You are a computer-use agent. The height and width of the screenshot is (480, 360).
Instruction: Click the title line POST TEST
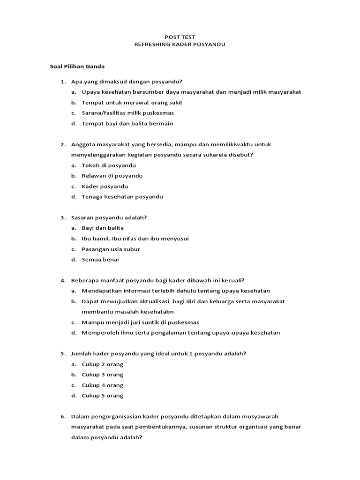coord(180,37)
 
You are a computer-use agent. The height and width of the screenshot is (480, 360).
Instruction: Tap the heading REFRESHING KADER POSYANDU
coord(180,45)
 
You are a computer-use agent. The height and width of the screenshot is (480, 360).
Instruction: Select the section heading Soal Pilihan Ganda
coord(77,67)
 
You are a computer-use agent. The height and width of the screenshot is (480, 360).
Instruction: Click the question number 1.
coord(62,82)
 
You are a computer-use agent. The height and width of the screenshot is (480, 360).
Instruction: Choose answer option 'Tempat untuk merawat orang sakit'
coord(132,103)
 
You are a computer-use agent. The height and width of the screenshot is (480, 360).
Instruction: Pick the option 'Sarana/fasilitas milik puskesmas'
coord(127,113)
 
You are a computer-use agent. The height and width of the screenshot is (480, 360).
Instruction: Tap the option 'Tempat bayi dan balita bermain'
coord(127,124)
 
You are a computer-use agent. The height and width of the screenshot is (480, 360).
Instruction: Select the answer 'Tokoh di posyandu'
coord(109,165)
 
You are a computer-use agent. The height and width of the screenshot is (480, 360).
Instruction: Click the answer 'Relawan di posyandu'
coord(112,176)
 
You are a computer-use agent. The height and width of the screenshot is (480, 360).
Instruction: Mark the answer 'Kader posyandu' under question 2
coord(105,187)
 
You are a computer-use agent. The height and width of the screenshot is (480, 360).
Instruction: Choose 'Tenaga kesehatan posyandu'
coord(122,197)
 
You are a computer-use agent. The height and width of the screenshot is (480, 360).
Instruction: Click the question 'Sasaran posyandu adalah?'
coord(109,217)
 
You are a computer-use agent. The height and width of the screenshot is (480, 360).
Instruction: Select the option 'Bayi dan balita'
coord(103,228)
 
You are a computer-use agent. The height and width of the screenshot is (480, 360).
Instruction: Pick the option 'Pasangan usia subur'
coord(111,249)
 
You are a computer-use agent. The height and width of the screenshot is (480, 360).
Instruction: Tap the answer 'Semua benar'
coord(100,260)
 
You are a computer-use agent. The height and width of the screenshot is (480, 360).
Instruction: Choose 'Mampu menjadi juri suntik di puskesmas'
coord(140,322)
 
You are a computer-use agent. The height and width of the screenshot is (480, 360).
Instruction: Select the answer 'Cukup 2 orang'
coord(102,364)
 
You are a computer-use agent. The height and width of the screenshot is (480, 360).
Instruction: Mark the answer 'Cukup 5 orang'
coord(102,396)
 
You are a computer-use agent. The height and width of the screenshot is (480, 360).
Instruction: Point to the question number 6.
coord(62,416)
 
